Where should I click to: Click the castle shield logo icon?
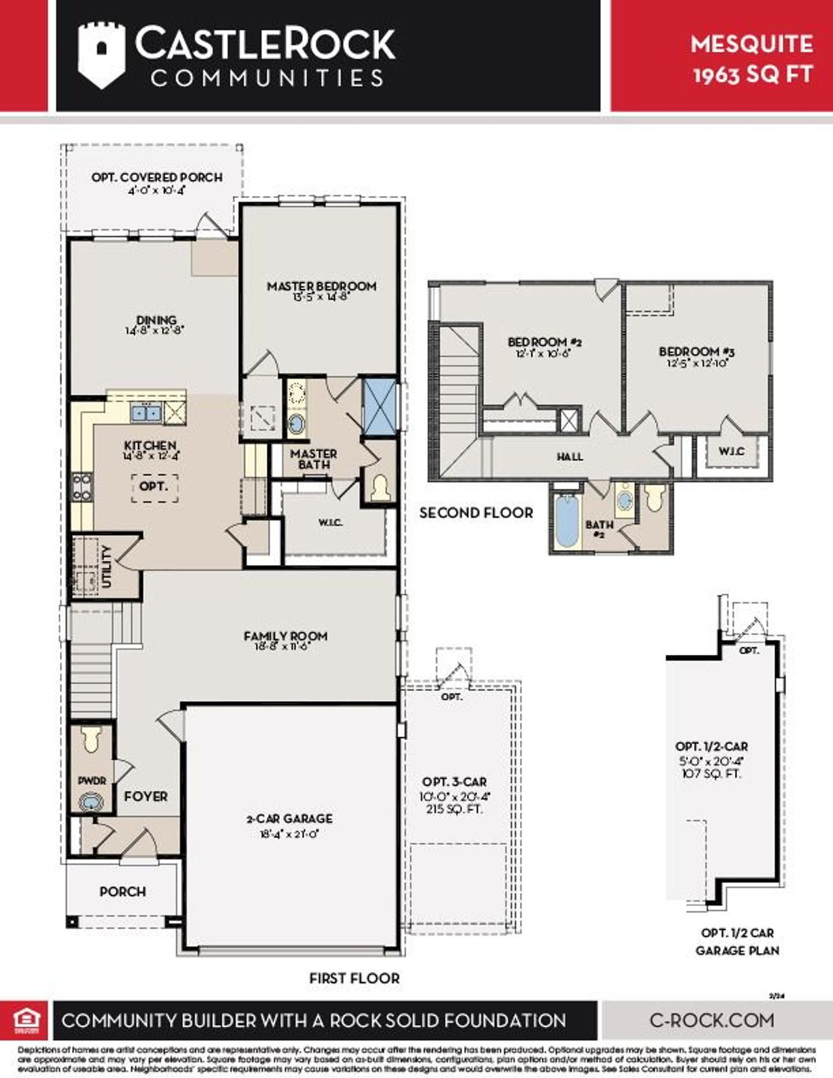pyautogui.click(x=101, y=55)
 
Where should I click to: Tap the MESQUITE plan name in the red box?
pyautogui.click(x=752, y=44)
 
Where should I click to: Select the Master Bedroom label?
pyautogui.click(x=321, y=286)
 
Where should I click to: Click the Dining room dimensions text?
pyautogui.click(x=155, y=330)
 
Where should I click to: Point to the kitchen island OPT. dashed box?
pyautogui.click(x=154, y=488)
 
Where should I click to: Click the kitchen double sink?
pyautogui.click(x=146, y=412)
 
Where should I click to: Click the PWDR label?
pyautogui.click(x=92, y=781)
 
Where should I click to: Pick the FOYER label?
pyautogui.click(x=146, y=796)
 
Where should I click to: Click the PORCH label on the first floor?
pyautogui.click(x=122, y=891)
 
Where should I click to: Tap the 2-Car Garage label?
pyautogui.click(x=290, y=818)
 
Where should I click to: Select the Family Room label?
pyautogui.click(x=285, y=636)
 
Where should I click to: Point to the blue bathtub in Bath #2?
pyautogui.click(x=567, y=521)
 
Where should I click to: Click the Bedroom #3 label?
pyautogui.click(x=696, y=352)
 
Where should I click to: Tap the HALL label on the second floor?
pyautogui.click(x=569, y=457)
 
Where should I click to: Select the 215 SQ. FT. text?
pyautogui.click(x=454, y=809)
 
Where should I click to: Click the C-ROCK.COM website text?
pyautogui.click(x=712, y=1020)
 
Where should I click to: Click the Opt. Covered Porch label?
pyautogui.click(x=156, y=177)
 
